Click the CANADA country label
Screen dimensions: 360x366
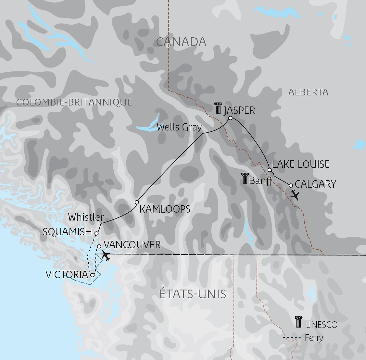[181, 42]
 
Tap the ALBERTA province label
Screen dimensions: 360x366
[308, 92]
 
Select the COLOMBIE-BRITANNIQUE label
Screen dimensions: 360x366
[74, 102]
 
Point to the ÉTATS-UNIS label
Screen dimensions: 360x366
[193, 294]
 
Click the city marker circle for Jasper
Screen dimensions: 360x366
[230, 118]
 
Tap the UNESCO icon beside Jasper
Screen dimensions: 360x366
[218, 108]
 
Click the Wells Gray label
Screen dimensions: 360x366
[179, 127]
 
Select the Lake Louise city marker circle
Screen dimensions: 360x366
[270, 170]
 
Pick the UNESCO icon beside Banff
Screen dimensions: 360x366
[245, 179]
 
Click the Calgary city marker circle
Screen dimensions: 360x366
[291, 185]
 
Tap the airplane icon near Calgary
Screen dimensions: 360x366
[295, 195]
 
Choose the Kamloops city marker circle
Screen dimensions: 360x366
[137, 202]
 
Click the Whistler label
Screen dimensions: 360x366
[86, 217]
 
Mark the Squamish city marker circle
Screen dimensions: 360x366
[96, 233]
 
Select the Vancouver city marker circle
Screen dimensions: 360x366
[99, 246]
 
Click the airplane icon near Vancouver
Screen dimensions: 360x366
[106, 255]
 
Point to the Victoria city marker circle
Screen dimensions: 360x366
[92, 275]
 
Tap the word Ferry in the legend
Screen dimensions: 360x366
[314, 338]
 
